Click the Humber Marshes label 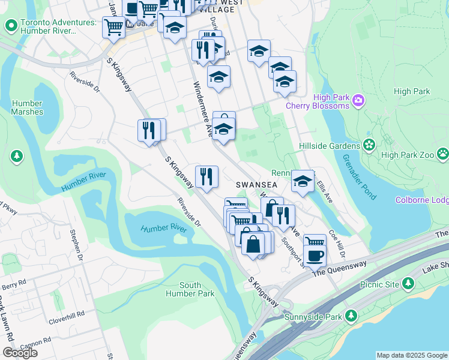pos(27,107)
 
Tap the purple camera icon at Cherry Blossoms pos(358,100)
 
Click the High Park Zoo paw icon pos(443,154)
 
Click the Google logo pos(20,352)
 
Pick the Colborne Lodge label pos(421,200)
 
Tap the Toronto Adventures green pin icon pos(10,26)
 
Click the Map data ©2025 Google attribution pos(411,355)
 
